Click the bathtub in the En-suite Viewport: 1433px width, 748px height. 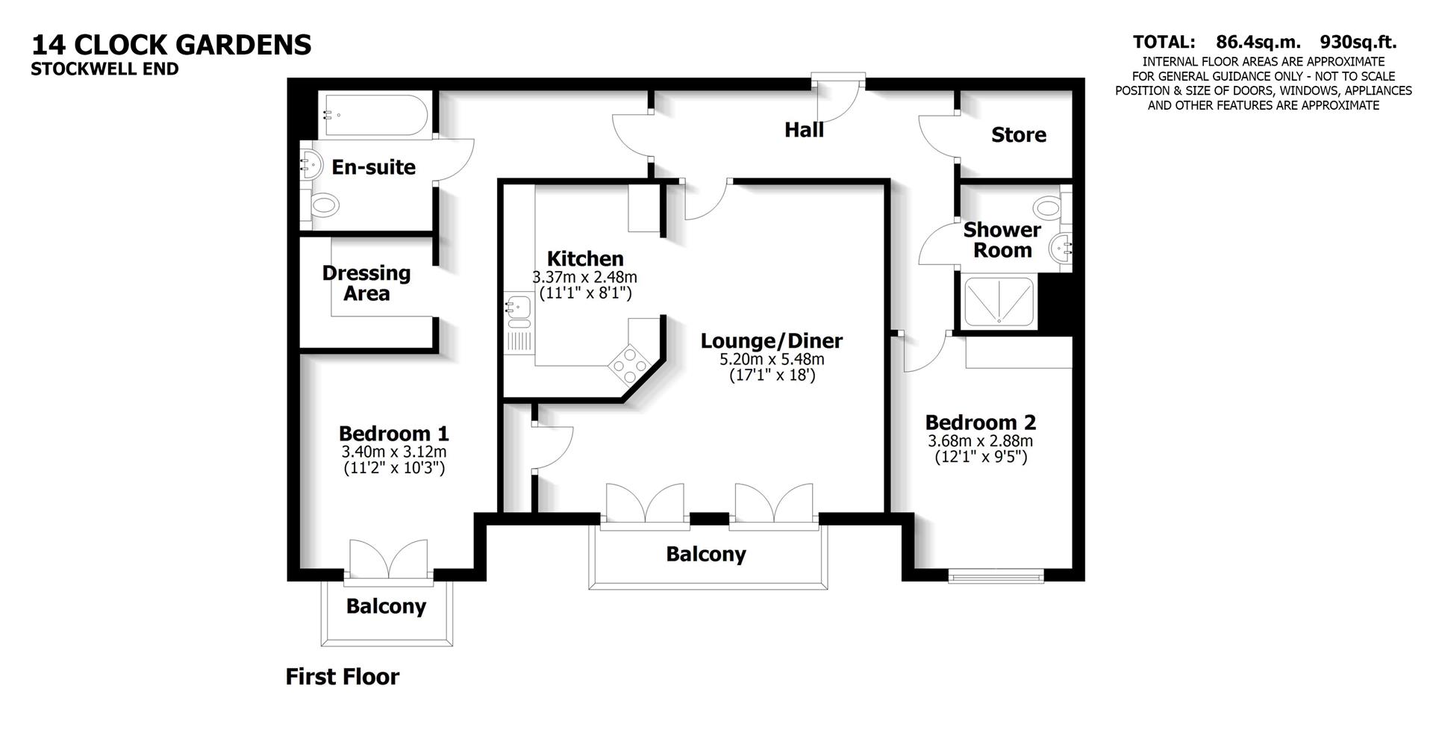coord(374,115)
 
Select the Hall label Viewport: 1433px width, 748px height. coord(804,130)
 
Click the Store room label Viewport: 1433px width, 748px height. coord(1018,135)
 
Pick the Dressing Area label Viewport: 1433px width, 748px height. coord(366,283)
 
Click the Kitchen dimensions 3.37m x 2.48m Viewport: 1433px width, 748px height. coord(584,277)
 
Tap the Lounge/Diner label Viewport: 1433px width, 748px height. coord(771,341)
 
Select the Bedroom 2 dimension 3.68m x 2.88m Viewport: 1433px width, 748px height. coord(980,440)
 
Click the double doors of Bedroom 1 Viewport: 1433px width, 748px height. coord(389,560)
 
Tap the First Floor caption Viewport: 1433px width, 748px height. coord(343,676)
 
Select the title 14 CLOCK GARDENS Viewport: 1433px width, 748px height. coord(171,45)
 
